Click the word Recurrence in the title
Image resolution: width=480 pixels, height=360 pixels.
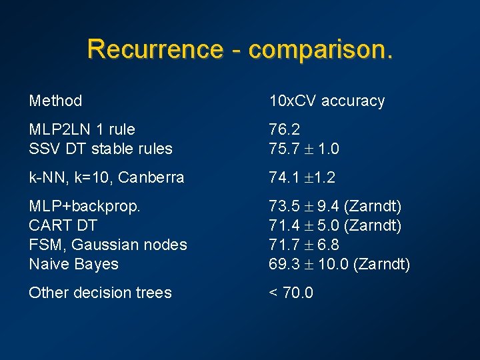tap(155, 49)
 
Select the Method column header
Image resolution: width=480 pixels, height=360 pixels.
tap(55, 101)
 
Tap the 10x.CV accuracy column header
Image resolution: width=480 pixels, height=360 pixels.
tap(327, 101)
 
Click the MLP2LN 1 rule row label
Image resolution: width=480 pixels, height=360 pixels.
tap(82, 129)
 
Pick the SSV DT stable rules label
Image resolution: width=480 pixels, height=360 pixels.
tap(101, 149)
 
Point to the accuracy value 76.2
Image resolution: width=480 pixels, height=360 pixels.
tap(284, 129)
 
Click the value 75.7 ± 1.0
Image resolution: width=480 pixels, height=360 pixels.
tap(304, 149)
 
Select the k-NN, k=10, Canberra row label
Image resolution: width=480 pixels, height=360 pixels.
tap(107, 177)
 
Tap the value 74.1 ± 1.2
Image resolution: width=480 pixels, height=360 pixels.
tap(302, 177)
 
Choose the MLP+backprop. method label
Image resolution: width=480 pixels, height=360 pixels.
tap(85, 207)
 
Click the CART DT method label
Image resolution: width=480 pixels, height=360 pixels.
tap(63, 225)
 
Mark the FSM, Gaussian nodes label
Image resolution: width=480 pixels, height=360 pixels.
tap(108, 245)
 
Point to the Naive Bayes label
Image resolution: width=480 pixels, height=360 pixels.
tap(73, 264)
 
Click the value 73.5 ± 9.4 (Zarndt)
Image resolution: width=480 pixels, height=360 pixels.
tap(335, 207)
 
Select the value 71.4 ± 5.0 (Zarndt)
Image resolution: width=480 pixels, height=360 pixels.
tap(335, 225)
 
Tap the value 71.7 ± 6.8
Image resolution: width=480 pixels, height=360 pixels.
tap(304, 245)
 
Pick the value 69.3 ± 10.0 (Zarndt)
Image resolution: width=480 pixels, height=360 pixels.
tap(339, 264)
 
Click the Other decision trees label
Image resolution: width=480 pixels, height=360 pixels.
tap(100, 293)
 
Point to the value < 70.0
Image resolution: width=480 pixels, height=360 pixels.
tap(291, 293)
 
